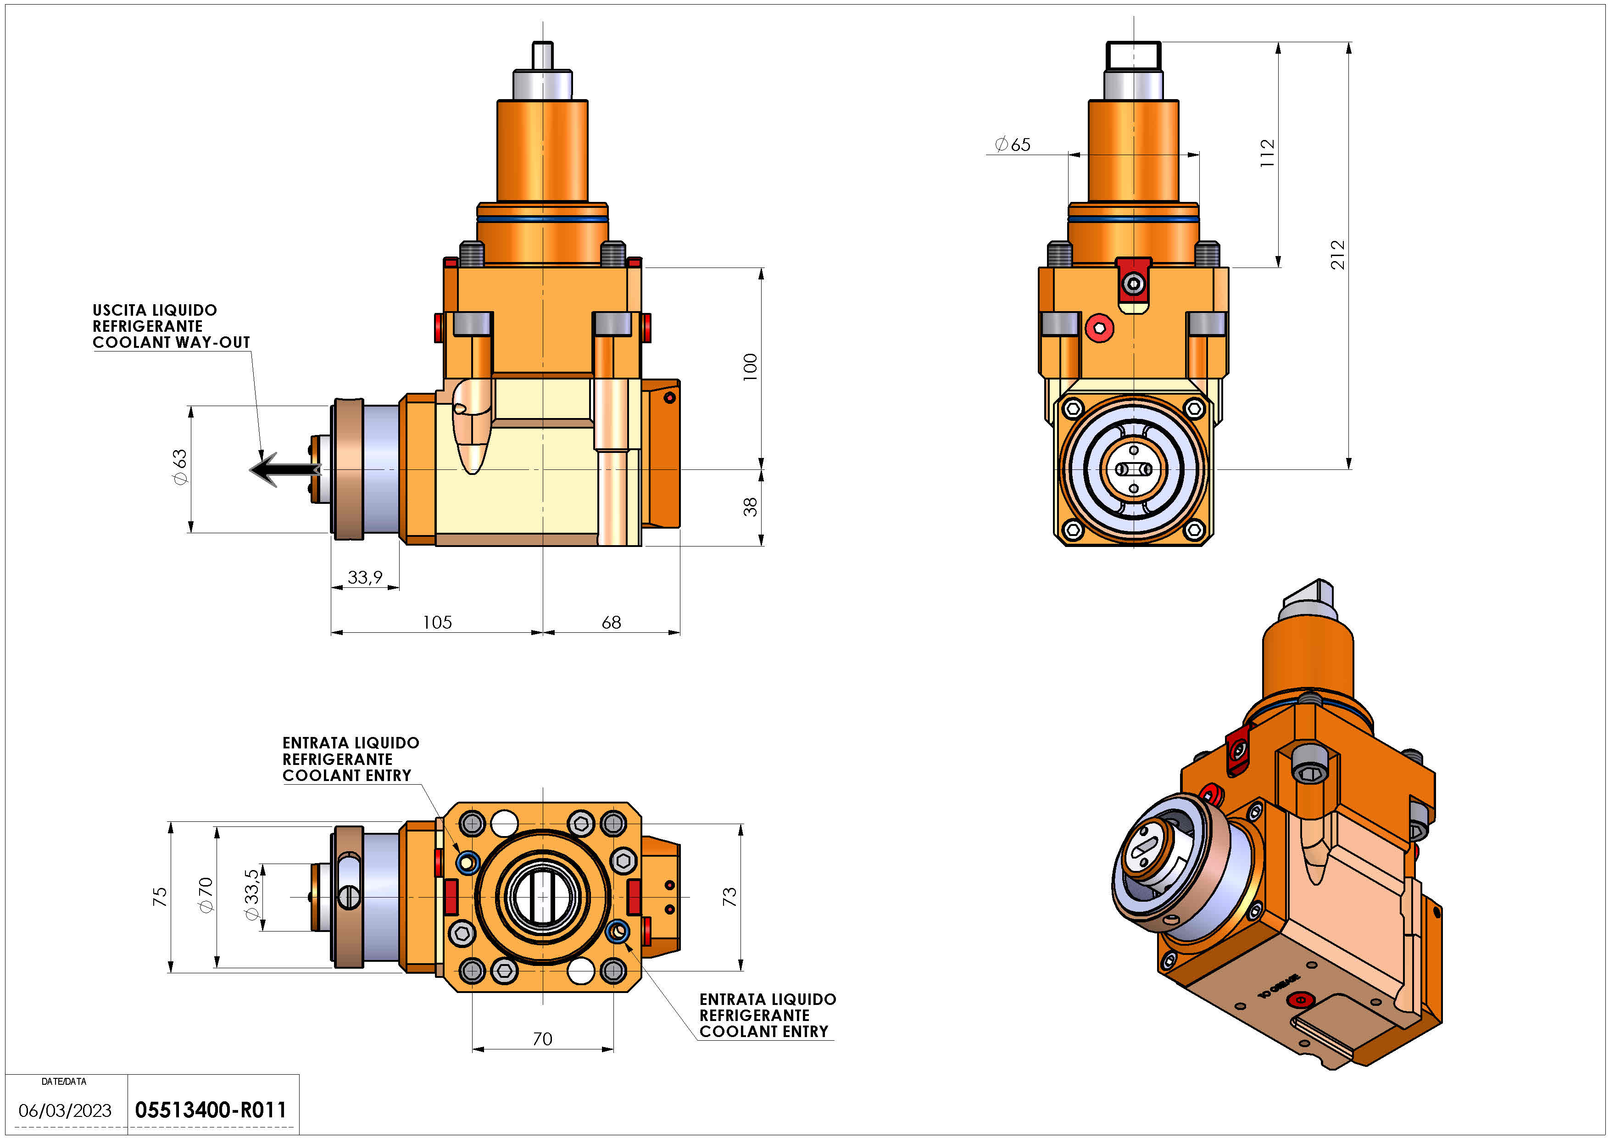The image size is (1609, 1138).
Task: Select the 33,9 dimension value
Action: point(365,577)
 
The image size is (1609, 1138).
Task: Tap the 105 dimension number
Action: point(437,622)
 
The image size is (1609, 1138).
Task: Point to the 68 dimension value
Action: point(611,622)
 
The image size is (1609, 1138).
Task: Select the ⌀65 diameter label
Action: point(1013,145)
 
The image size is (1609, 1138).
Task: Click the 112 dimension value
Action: point(1268,153)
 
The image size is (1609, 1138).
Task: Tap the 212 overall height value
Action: point(1338,254)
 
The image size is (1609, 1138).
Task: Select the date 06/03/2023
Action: point(65,1110)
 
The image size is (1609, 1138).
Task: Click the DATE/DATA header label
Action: point(64,1081)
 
